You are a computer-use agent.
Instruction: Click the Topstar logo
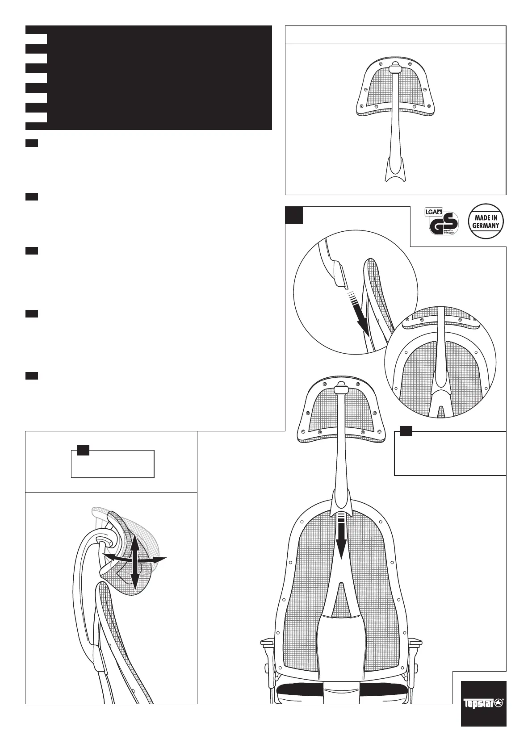[x=484, y=703]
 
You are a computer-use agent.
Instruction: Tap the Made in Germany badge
[x=486, y=221]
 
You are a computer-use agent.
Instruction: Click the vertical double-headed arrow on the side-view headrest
[x=134, y=561]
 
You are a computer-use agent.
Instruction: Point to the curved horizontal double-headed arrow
[x=134, y=558]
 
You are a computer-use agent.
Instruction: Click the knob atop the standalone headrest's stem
[x=394, y=68]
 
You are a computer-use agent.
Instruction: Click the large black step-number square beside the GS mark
[x=294, y=215]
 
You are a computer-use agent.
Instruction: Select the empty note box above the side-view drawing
[x=113, y=464]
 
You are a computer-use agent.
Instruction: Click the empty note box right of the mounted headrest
[x=450, y=453]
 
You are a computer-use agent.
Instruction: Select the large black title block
[x=149, y=78]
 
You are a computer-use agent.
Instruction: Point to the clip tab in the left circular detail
[x=339, y=273]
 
